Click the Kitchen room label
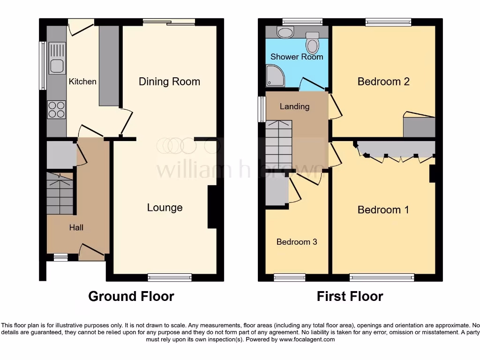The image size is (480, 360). (x=82, y=82)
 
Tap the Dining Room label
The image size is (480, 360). (x=169, y=82)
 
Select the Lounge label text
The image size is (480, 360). (x=165, y=208)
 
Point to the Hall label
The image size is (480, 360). (x=76, y=227)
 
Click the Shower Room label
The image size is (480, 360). (x=297, y=57)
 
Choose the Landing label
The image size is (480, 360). (x=294, y=106)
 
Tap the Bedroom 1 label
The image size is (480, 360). (x=383, y=210)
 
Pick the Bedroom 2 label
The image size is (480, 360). (x=383, y=82)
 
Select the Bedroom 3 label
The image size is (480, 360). (x=297, y=242)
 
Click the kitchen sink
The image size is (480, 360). (x=57, y=58)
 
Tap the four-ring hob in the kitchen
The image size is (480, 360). (x=56, y=110)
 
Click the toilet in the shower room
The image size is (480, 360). (x=312, y=43)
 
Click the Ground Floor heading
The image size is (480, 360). (x=131, y=296)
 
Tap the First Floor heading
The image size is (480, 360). (x=350, y=296)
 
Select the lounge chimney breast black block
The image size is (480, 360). (x=212, y=207)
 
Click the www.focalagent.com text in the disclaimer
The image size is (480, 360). (x=307, y=339)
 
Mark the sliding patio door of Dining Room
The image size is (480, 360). (x=169, y=22)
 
